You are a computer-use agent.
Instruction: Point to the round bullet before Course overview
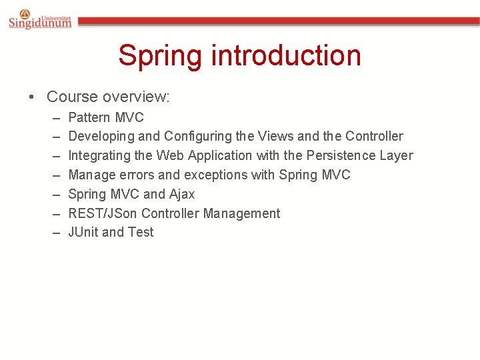32,97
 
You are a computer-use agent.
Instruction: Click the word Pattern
89,117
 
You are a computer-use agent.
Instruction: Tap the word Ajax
182,195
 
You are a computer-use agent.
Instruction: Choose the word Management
241,213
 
